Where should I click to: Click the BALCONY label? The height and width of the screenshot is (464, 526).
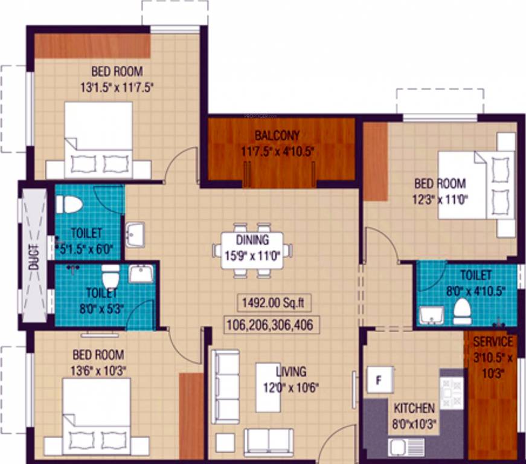pos(277,135)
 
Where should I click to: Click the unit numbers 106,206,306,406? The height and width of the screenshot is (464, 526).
pos(270,325)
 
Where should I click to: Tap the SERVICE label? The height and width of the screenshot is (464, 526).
pos(493,342)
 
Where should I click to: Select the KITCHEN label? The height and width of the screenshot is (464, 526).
pos(414,408)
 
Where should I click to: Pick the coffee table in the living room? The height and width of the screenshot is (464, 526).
pos(268,387)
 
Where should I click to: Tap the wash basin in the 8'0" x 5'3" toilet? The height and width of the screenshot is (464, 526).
pos(141,274)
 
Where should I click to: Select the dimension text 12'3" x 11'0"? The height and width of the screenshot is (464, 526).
pos(440,196)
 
